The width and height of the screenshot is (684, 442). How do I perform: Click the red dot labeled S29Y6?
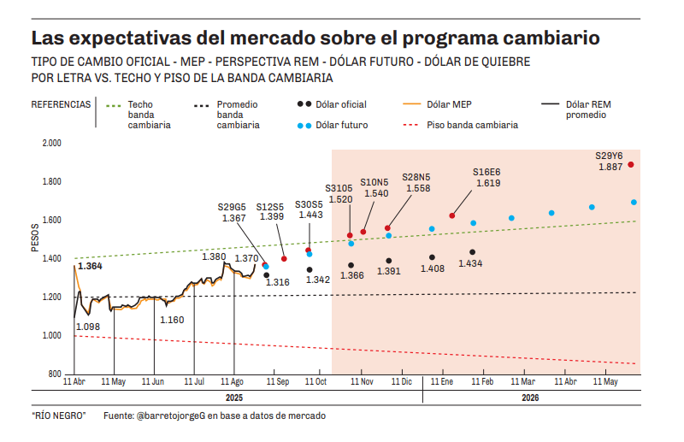pos(630,164)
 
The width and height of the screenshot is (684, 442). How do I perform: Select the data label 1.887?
pos(610,168)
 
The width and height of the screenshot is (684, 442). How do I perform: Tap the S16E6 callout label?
pos(486,172)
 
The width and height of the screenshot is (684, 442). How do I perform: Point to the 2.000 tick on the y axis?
pos(50,143)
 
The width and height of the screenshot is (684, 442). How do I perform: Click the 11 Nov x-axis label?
pos(363,381)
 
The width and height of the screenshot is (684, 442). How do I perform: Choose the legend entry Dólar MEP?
pos(449,104)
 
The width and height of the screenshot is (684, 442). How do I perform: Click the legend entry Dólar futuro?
pos(342,125)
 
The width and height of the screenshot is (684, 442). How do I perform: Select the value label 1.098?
pos(88,327)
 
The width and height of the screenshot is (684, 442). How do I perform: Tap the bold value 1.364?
pos(91,267)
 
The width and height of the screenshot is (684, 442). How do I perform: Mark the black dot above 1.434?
pos(472,252)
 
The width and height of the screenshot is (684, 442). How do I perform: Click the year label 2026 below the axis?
pos(530,398)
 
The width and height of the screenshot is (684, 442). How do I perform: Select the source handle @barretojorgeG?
pos(168,415)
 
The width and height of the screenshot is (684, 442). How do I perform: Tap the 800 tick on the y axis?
pos(54,374)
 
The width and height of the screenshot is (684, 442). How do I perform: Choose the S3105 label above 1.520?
pos(339,188)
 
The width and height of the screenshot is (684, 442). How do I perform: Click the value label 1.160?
pos(172,320)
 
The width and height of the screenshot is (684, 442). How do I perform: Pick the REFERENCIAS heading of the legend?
pos(61,104)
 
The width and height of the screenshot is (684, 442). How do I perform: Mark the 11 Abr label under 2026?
pos(565,381)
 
